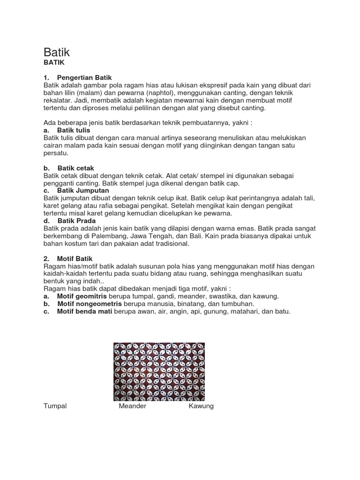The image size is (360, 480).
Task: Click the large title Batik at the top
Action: tap(57, 52)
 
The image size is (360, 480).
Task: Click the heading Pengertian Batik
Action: tap(84, 77)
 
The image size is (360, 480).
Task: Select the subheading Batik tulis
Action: tap(74, 130)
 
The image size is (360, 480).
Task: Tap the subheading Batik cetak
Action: tap(76, 168)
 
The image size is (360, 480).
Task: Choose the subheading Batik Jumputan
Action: tap(83, 190)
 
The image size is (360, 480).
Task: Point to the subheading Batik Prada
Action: tap(76, 221)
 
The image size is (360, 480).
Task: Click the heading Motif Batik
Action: tap(75, 258)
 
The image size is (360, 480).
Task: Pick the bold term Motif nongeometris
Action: tap(87, 304)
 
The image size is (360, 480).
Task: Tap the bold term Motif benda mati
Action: tap(84, 311)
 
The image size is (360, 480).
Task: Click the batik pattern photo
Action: tap(159, 371)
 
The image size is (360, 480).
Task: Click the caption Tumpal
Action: tap(55, 406)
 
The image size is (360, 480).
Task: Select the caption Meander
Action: tap(133, 406)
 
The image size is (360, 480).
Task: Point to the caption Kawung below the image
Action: tap(201, 406)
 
